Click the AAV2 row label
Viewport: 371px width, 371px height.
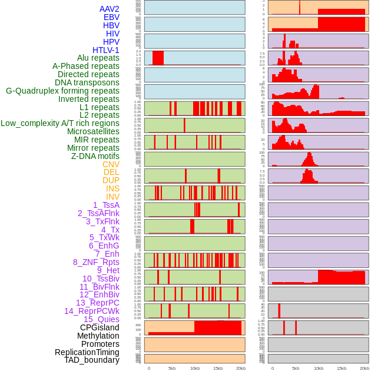pyautogui.click(x=109, y=9)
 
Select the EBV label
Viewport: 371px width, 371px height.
pyautogui.click(x=111, y=17)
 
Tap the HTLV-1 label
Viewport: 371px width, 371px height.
pyautogui.click(x=106, y=50)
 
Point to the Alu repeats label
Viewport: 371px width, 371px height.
pyautogui.click(x=98, y=58)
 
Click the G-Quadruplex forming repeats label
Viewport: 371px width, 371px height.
pyautogui.click(x=62, y=91)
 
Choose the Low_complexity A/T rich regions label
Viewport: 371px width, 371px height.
pyautogui.click(x=60, y=123)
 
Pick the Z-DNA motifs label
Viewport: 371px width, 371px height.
pyautogui.click(x=95, y=156)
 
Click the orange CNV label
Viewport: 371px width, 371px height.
pyautogui.click(x=111, y=164)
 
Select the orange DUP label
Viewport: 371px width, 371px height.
pyautogui.click(x=111, y=180)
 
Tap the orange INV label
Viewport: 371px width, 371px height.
pyautogui.click(x=112, y=197)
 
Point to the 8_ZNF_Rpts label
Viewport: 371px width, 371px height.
pyautogui.click(x=96, y=262)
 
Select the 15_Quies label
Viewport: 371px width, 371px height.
pyautogui.click(x=101, y=319)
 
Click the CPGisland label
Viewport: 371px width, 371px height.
pyautogui.click(x=100, y=327)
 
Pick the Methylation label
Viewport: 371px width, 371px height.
pyautogui.click(x=94, y=336)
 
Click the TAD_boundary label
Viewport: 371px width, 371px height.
pyautogui.click(x=92, y=360)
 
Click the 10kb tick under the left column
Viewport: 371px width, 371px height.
pyautogui.click(x=194, y=369)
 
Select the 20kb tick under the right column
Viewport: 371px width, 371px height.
pyautogui.click(x=365, y=369)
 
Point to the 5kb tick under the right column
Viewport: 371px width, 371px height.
pyautogui.click(x=296, y=369)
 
